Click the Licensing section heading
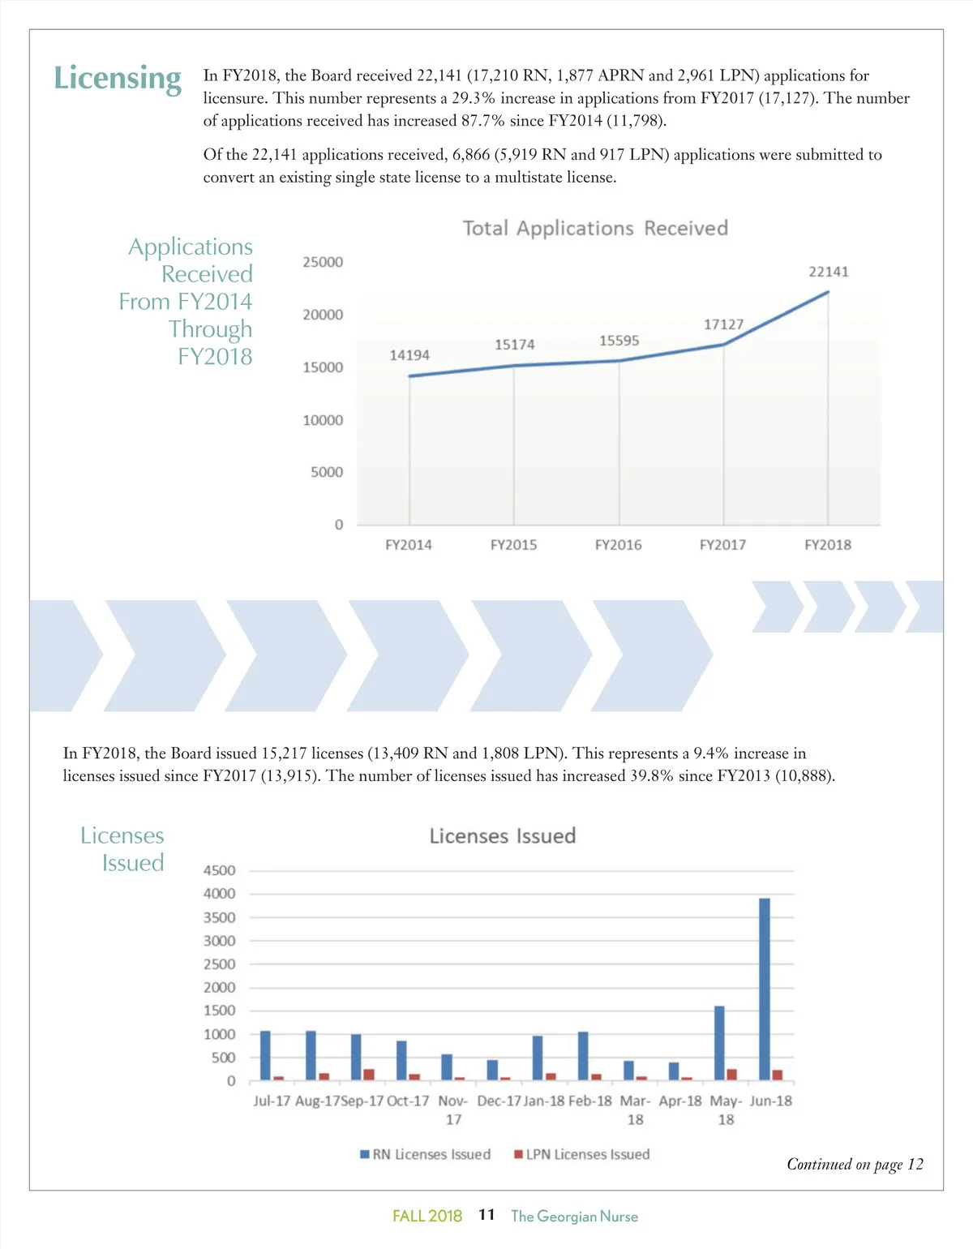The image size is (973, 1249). [118, 79]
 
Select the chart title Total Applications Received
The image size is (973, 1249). [595, 229]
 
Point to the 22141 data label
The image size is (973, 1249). [828, 272]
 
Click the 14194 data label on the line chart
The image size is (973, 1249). [409, 355]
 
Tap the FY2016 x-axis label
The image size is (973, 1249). [618, 545]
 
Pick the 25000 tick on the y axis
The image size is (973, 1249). [323, 262]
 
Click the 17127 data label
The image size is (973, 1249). [723, 324]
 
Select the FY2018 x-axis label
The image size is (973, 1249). [828, 545]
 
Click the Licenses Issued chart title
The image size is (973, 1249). [503, 836]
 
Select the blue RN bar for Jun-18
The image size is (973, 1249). [765, 989]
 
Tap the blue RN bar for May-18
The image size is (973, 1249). [719, 1043]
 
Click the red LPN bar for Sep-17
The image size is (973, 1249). [369, 1075]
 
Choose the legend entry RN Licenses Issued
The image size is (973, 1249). [426, 1154]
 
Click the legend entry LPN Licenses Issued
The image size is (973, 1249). [582, 1154]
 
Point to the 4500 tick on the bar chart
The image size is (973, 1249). [219, 870]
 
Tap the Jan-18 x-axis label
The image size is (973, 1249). [544, 1101]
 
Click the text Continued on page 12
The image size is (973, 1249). [855, 1165]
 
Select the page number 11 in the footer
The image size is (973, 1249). [486, 1215]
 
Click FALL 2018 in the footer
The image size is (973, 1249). [427, 1217]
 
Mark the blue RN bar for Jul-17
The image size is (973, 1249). [265, 1056]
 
